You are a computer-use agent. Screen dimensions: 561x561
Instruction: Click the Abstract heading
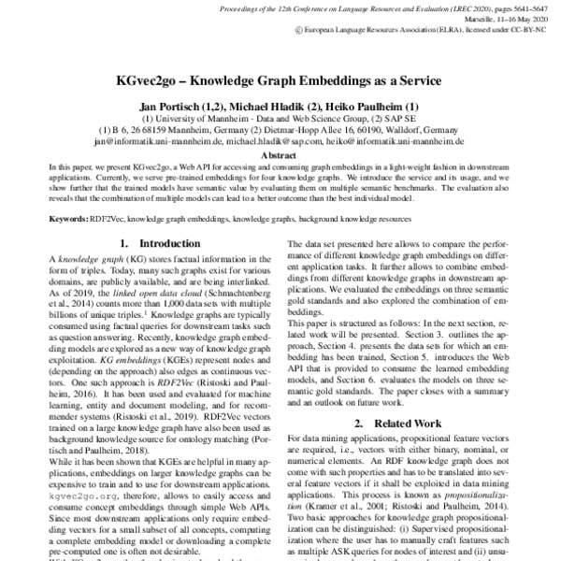click(280, 155)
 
